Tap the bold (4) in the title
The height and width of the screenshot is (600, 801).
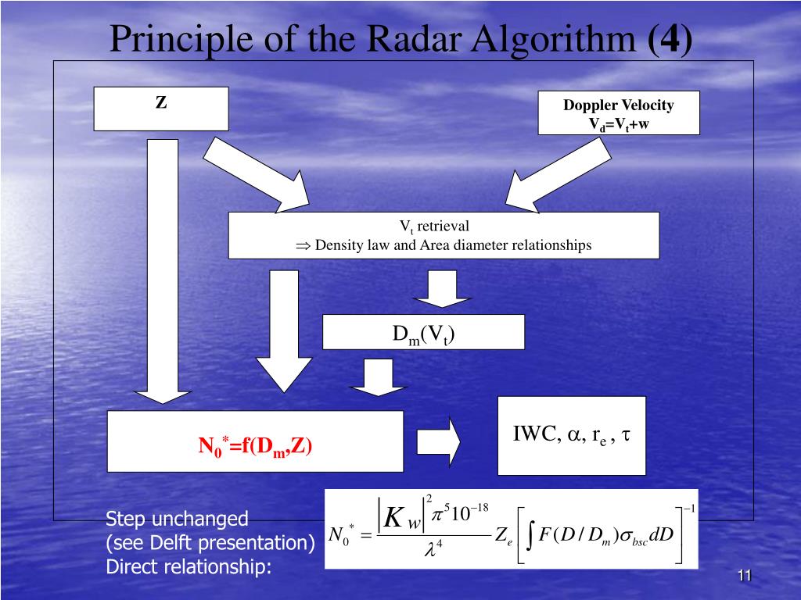point(670,39)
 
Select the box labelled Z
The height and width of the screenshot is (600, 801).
point(161,109)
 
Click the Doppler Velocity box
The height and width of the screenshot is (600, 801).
point(619,112)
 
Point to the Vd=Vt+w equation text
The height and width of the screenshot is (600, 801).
point(619,124)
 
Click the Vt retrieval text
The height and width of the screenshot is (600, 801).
point(434,227)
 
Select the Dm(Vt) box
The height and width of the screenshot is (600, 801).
point(423,332)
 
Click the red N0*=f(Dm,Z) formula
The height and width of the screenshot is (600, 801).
point(255,447)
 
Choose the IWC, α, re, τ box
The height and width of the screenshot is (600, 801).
point(572,436)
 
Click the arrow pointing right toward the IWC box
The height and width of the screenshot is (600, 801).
point(438,442)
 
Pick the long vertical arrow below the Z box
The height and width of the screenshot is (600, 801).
point(163,271)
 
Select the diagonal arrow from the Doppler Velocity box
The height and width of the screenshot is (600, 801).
point(559,175)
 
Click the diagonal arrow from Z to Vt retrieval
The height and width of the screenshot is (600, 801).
point(257,175)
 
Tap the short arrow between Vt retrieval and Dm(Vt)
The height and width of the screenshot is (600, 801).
point(442,289)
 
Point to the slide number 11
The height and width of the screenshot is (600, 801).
point(745,576)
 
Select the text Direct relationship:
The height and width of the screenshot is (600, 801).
point(189,567)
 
